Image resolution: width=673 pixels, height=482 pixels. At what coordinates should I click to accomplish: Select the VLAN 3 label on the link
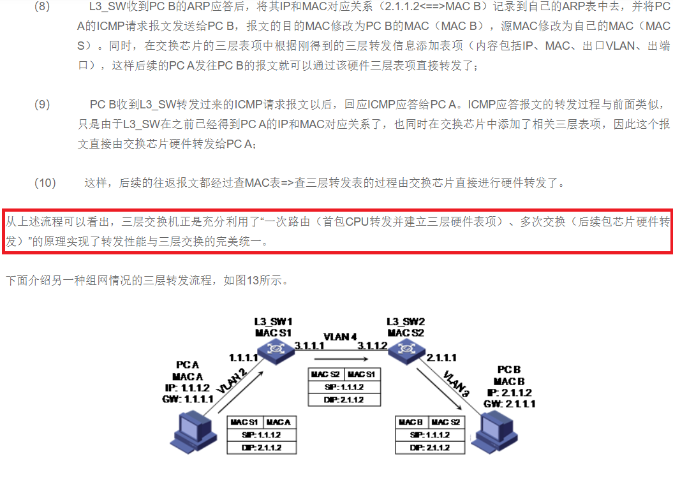[454, 383]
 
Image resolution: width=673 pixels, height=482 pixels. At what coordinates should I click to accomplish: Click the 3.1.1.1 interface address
[310, 346]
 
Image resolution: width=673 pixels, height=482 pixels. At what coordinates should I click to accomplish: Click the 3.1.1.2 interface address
[373, 346]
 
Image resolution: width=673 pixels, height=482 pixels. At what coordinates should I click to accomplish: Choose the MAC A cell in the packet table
[279, 422]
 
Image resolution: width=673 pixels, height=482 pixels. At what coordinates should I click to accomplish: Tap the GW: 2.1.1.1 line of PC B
[510, 404]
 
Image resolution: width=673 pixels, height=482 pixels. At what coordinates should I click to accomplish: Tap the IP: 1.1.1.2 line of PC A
[188, 388]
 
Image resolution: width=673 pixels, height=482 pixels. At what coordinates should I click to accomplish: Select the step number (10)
[45, 183]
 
